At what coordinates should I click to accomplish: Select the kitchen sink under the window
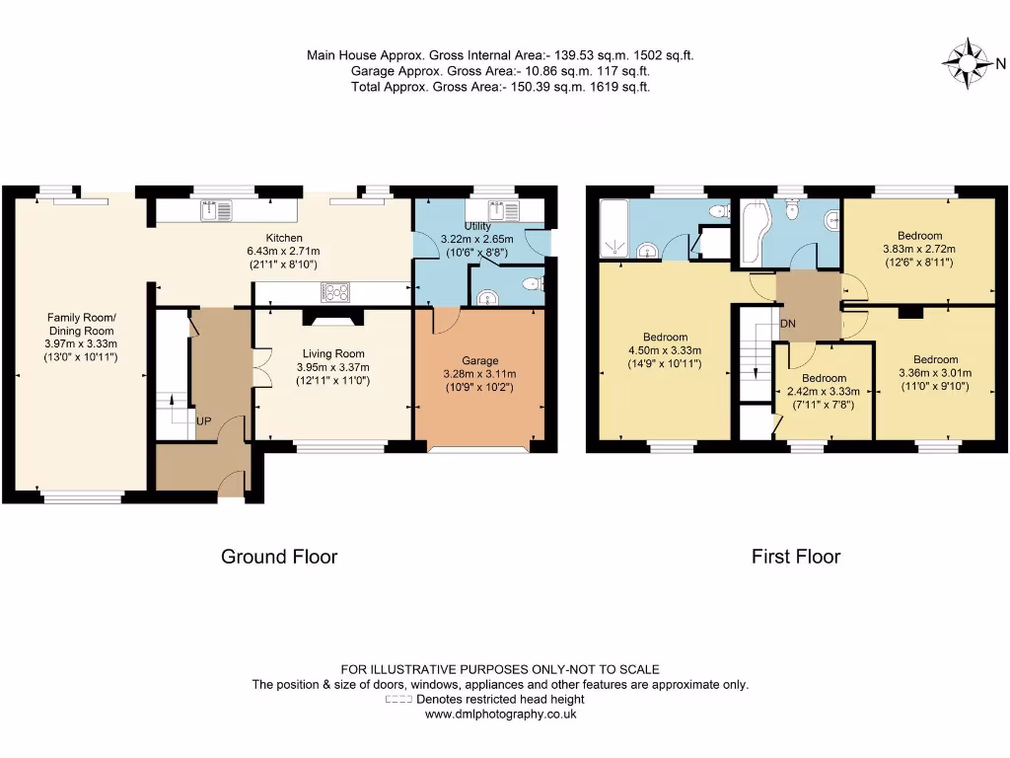point(217,210)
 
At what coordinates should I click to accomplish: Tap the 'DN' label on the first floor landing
point(788,324)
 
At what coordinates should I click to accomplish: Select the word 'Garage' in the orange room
point(480,360)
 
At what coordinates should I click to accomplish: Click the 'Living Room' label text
point(332,353)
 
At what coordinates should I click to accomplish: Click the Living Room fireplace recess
point(332,318)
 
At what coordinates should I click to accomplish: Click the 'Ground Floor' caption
point(279,557)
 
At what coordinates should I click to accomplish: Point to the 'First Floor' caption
point(796,557)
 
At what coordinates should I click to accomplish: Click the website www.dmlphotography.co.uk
point(500,714)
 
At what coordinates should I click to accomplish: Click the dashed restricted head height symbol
point(398,699)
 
